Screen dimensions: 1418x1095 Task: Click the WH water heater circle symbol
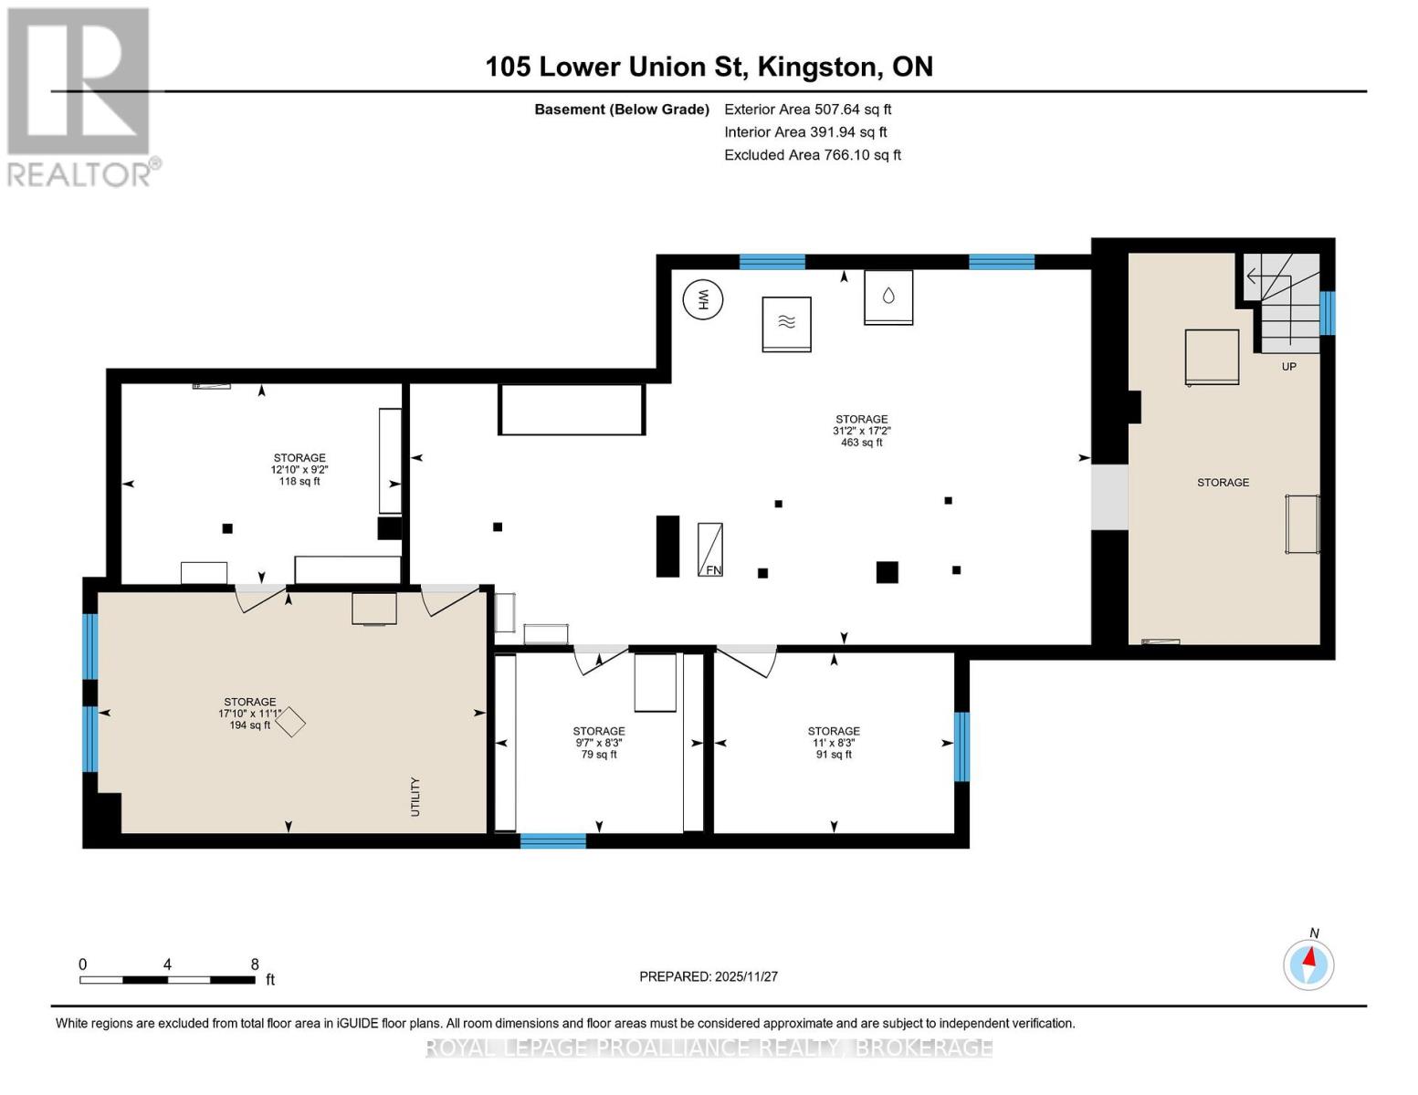coord(703,299)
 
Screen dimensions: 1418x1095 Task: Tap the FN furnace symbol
coord(710,549)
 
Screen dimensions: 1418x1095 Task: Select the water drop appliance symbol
coord(888,297)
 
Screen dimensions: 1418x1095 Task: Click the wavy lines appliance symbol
coord(786,324)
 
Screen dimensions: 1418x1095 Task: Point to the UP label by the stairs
coord(1288,367)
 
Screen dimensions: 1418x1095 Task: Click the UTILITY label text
coord(415,797)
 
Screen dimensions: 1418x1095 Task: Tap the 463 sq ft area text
coord(861,443)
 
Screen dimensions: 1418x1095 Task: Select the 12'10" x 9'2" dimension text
coord(299,470)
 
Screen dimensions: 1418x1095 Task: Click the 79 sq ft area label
coord(598,755)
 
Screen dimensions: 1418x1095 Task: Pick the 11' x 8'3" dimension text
coord(834,743)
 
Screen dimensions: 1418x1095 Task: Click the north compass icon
coord(1308,965)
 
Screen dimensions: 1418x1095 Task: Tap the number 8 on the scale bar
coord(255,964)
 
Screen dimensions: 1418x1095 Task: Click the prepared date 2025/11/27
coord(746,976)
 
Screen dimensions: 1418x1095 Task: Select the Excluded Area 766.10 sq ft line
coord(813,155)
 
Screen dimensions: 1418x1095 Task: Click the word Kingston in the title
coord(816,68)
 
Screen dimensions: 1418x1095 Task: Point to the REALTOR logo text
coord(79,175)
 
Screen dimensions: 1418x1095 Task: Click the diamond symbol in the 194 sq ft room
coord(290,723)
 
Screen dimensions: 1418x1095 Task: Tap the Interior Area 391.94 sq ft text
coord(805,132)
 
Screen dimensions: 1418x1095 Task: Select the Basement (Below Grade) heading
coord(622,109)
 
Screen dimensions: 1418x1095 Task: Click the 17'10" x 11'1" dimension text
coord(249,714)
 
